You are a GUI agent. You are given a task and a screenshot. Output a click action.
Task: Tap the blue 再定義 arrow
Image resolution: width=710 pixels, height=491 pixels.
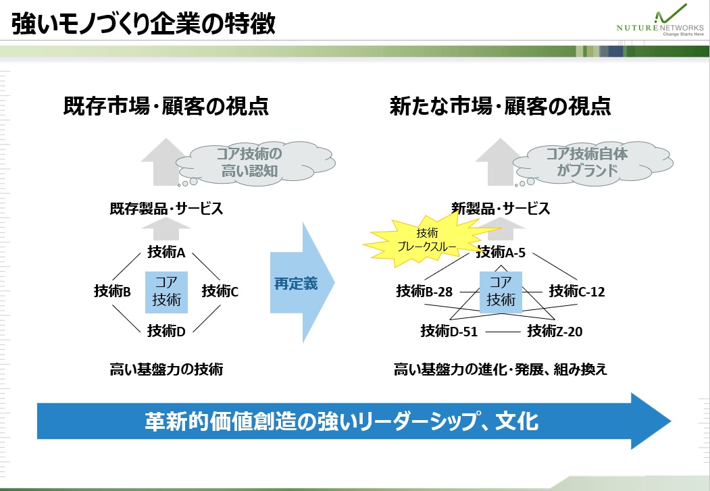302,282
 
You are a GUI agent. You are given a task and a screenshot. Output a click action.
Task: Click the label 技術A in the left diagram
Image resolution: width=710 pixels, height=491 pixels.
166,252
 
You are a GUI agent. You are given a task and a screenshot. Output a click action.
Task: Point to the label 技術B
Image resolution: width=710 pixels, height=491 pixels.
112,291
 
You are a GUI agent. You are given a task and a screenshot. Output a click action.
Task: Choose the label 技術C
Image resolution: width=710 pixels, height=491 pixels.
220,291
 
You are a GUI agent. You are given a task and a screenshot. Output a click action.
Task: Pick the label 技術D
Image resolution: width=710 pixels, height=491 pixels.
166,331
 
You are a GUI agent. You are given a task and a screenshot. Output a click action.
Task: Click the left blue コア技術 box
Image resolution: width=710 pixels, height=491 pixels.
166,292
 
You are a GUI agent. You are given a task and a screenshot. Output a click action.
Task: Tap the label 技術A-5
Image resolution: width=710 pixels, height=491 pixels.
501,252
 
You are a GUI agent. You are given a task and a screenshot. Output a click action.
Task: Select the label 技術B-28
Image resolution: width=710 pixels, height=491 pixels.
424,291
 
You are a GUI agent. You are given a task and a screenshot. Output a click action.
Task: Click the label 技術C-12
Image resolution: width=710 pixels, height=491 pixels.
577,291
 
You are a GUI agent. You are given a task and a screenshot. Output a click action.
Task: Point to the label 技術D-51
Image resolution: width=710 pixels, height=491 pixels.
449,331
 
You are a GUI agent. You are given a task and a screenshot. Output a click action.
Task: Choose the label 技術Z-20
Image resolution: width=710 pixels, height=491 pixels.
555,331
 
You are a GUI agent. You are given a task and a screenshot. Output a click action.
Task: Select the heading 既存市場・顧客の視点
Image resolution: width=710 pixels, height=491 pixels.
166,106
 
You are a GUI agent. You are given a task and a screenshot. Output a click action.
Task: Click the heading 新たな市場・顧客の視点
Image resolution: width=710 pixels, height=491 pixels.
501,106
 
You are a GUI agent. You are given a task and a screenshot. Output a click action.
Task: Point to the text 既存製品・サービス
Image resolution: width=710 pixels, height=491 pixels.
166,209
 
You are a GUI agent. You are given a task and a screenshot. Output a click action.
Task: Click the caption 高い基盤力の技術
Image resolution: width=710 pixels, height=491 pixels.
166,369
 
